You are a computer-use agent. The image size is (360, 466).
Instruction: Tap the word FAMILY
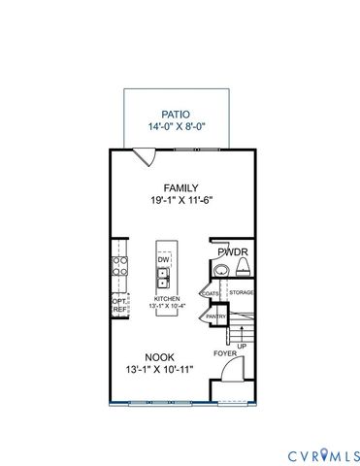click(x=180, y=188)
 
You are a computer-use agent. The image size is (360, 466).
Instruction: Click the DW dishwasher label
click(x=164, y=260)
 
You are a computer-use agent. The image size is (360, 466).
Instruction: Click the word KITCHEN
click(x=165, y=298)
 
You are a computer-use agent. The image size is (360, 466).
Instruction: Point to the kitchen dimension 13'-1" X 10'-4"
click(x=167, y=306)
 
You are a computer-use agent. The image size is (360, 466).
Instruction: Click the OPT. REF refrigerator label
click(x=120, y=305)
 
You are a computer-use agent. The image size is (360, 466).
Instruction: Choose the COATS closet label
click(x=210, y=291)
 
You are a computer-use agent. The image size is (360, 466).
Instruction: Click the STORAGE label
click(x=241, y=291)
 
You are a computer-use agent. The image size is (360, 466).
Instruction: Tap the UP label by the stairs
click(x=241, y=345)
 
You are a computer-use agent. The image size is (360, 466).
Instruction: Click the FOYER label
click(x=224, y=354)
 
